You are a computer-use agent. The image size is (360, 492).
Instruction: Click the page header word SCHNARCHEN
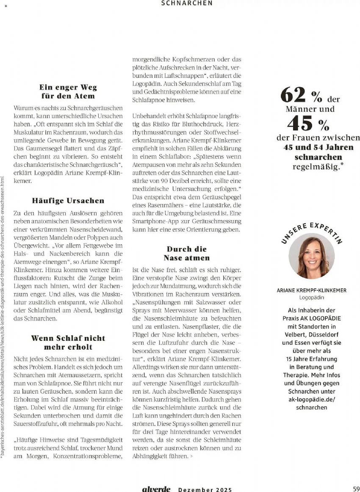pyautogui.click(x=187, y=3)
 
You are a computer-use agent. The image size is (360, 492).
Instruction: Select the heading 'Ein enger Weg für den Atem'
pyautogui.click(x=68, y=91)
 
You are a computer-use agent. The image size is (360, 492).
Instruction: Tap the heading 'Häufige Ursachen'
pyautogui.click(x=68, y=200)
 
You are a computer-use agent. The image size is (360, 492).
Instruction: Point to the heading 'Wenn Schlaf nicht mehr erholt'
pyautogui.click(x=68, y=343)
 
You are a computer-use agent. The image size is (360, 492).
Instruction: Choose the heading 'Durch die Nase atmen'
pyautogui.click(x=186, y=253)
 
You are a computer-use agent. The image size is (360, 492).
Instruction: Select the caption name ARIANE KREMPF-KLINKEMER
pyautogui.click(x=311, y=290)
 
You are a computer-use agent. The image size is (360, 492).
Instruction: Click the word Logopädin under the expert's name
pyautogui.click(x=311, y=298)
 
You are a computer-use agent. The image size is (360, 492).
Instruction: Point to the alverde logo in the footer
pyautogui.click(x=156, y=489)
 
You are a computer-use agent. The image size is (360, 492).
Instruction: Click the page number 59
pyautogui.click(x=356, y=489)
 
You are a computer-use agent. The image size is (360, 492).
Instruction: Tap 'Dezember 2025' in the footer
pyautogui.click(x=205, y=489)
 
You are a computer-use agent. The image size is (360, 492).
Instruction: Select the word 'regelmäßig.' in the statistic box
pyautogui.click(x=316, y=166)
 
